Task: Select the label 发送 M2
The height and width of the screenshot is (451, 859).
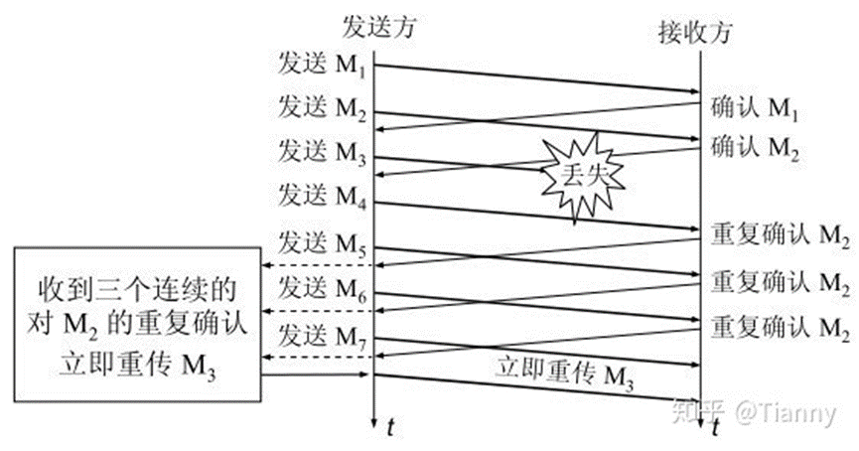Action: (323, 106)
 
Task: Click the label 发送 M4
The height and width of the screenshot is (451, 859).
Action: (323, 193)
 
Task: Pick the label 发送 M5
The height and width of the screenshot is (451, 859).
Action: (323, 241)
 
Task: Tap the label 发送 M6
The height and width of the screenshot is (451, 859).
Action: (323, 288)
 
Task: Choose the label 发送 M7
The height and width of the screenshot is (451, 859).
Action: (323, 332)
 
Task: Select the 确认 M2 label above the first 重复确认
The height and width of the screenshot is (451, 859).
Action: (755, 149)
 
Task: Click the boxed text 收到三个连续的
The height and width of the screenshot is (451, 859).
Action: (138, 288)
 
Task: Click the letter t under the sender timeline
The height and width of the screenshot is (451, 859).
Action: (391, 428)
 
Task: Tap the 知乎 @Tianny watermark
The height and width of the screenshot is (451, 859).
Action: (755, 412)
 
